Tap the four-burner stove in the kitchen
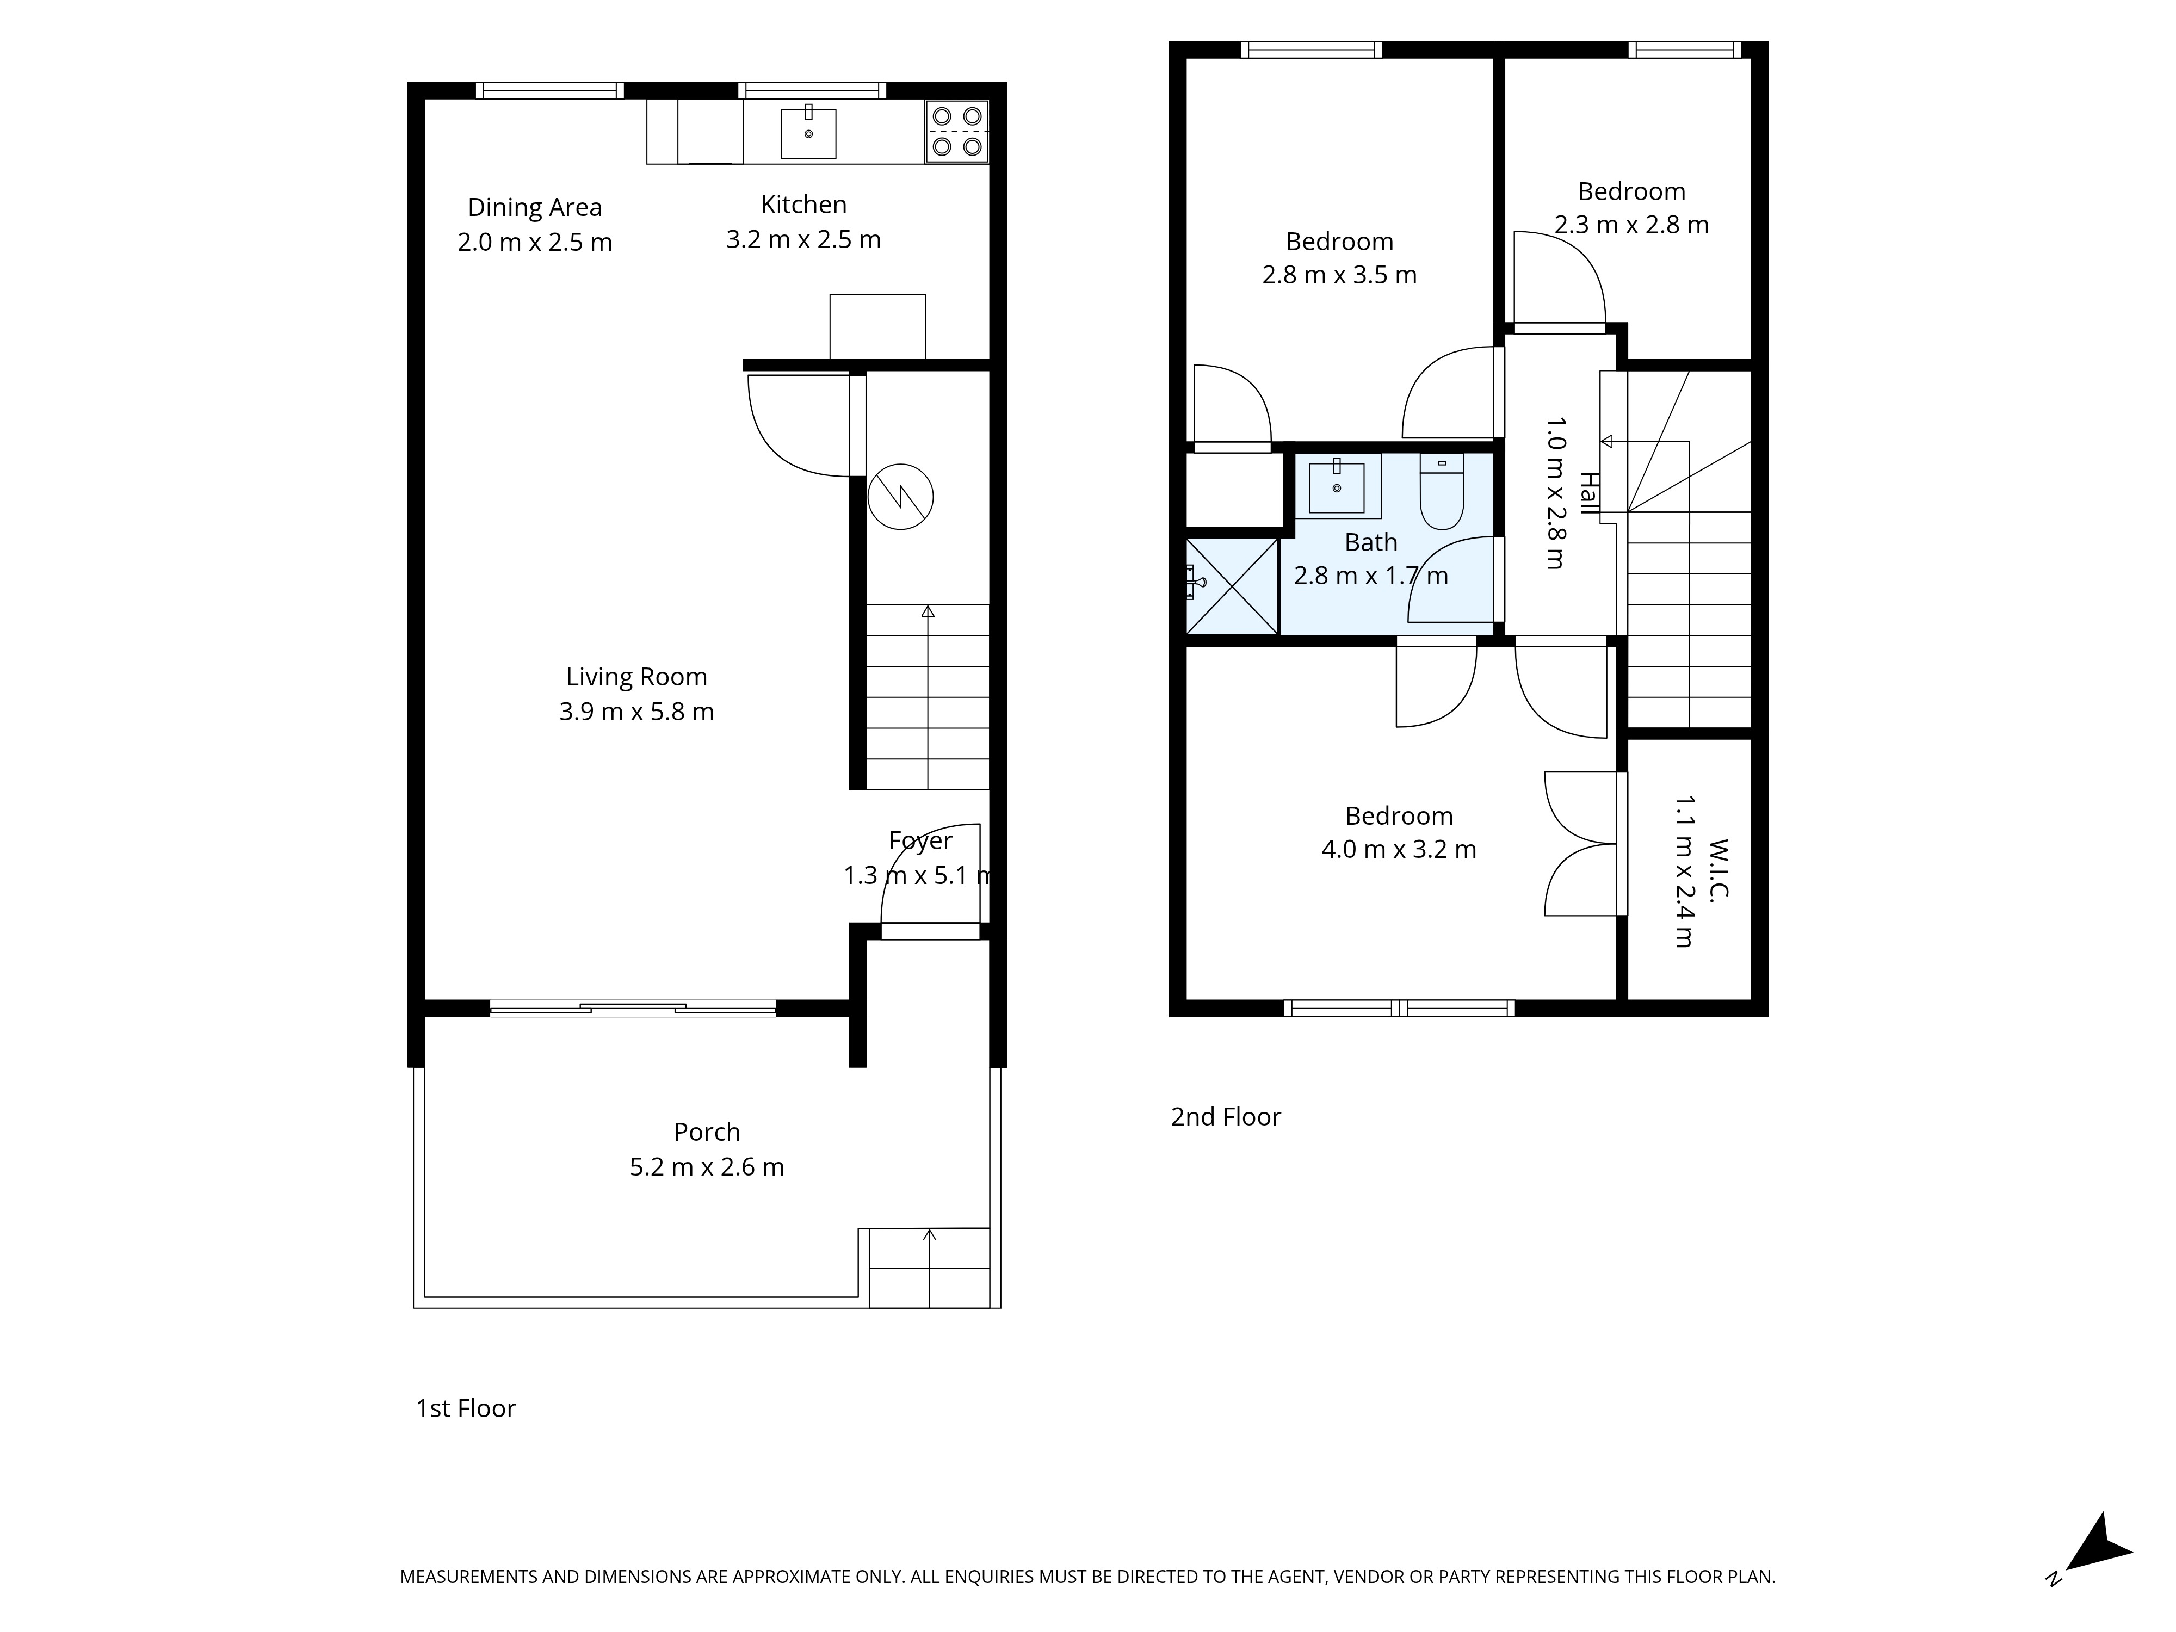956,131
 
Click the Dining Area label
534,208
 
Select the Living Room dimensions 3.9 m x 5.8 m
636,711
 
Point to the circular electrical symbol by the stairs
900,497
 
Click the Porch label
706,1132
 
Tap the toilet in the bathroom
1442,492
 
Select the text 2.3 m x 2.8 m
1631,225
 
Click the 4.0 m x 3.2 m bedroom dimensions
1398,849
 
